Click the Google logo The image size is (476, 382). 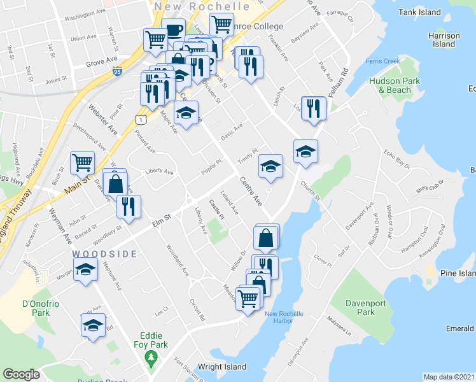point(22,375)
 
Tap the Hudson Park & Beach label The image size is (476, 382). point(390,85)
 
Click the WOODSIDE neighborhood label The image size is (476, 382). point(104,253)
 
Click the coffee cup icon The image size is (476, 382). point(173,30)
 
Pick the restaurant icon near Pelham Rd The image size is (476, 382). point(313,107)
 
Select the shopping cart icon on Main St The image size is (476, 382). point(83,163)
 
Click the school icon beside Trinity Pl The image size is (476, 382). point(270,166)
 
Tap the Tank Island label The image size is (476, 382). point(421,12)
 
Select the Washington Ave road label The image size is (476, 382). point(85,12)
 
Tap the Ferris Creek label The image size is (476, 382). point(382,61)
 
